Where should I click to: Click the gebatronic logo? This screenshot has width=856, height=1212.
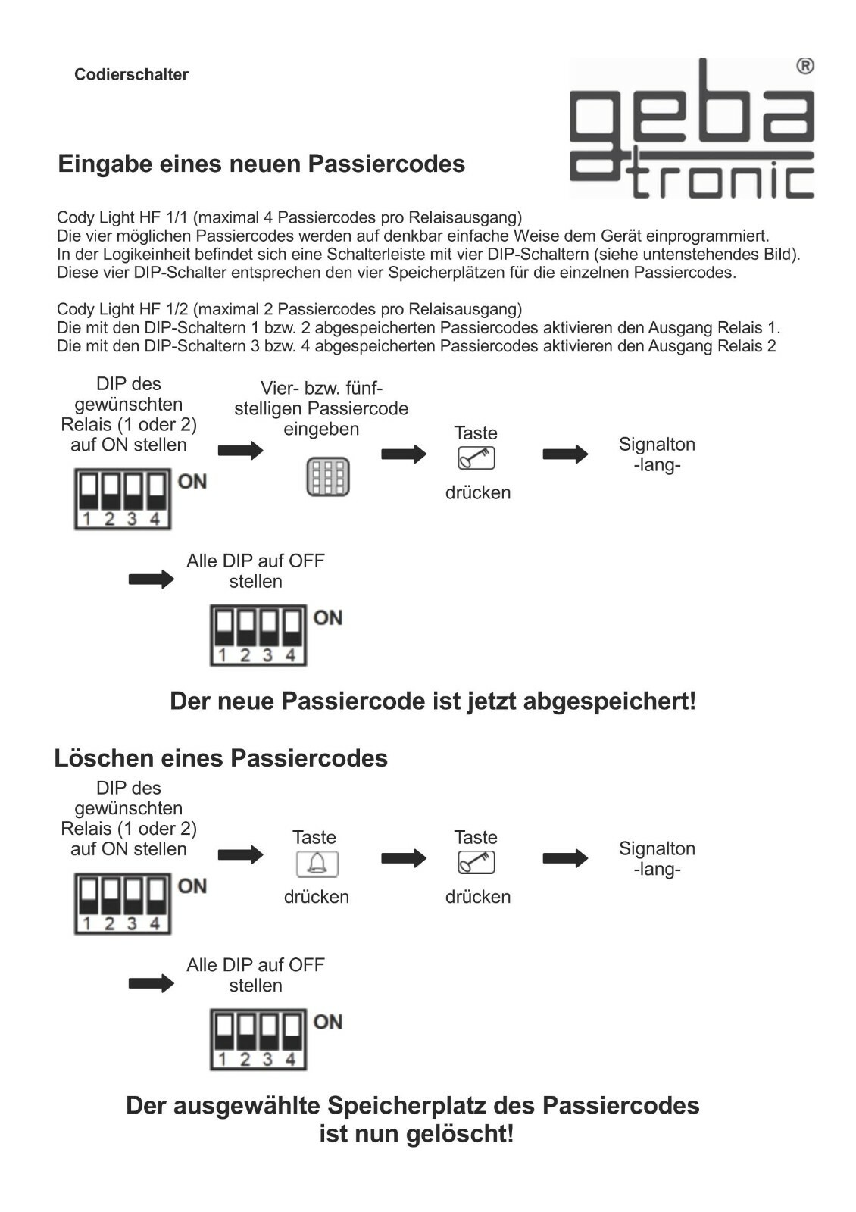click(691, 129)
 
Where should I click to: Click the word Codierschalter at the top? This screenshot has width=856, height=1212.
click(131, 74)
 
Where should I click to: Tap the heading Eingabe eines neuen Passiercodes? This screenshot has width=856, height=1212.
click(261, 164)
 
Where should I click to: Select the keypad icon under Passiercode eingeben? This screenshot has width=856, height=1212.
click(327, 477)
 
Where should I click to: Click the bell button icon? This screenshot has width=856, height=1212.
click(317, 864)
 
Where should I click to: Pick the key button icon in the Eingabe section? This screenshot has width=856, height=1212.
click(476, 458)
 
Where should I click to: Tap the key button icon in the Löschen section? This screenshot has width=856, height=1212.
click(476, 863)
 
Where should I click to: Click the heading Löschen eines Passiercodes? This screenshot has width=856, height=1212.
click(220, 758)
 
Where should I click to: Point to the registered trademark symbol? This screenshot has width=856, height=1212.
click(805, 67)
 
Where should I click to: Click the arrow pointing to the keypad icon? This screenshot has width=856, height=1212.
click(240, 451)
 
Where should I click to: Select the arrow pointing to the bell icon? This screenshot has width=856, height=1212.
click(240, 855)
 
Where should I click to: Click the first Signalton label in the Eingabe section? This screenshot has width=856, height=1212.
click(657, 445)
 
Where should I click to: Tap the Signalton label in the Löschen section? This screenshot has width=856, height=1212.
click(657, 849)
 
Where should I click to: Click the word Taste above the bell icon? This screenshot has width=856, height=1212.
click(314, 837)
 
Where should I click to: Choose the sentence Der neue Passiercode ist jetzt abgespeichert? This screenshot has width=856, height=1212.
click(433, 701)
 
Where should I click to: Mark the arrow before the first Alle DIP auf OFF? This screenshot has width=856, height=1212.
click(152, 579)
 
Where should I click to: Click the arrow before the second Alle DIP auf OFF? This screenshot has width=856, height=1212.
click(152, 984)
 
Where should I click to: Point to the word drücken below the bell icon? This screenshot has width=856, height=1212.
click(317, 897)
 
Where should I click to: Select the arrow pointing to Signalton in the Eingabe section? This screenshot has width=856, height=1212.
click(565, 454)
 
